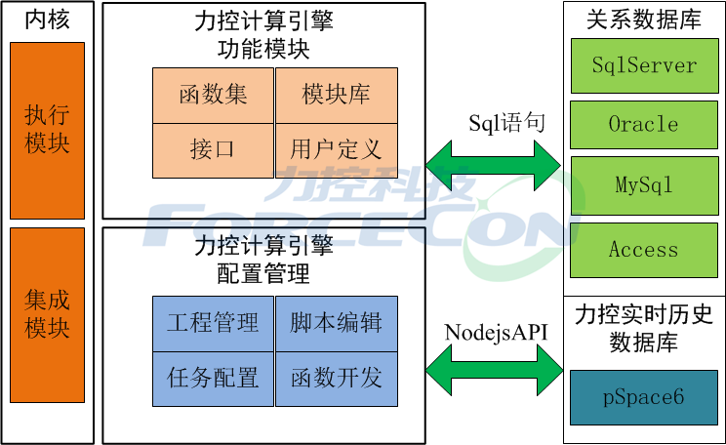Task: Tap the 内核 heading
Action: [47, 20]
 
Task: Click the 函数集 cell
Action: [213, 95]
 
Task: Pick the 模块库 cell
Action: [337, 95]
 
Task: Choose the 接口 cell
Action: [213, 150]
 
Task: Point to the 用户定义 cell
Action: [337, 150]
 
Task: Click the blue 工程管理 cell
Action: [213, 323]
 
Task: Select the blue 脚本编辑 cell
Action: [337, 323]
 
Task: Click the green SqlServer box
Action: [644, 65]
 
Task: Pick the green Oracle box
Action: [644, 125]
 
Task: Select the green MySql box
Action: [644, 184]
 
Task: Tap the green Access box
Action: [644, 249]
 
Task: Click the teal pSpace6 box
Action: [644, 397]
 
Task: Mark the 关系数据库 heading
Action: [644, 20]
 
